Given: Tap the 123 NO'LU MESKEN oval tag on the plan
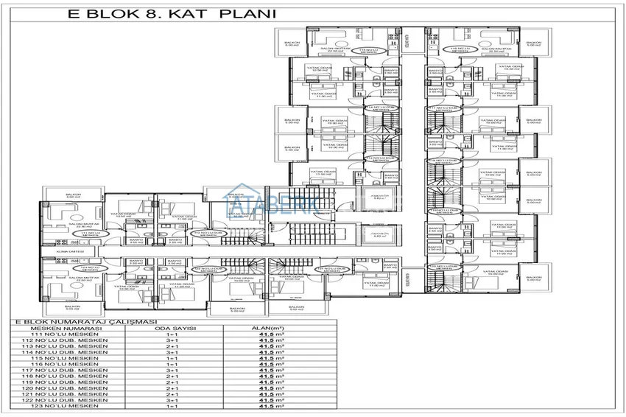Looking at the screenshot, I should (x=86, y=270).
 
